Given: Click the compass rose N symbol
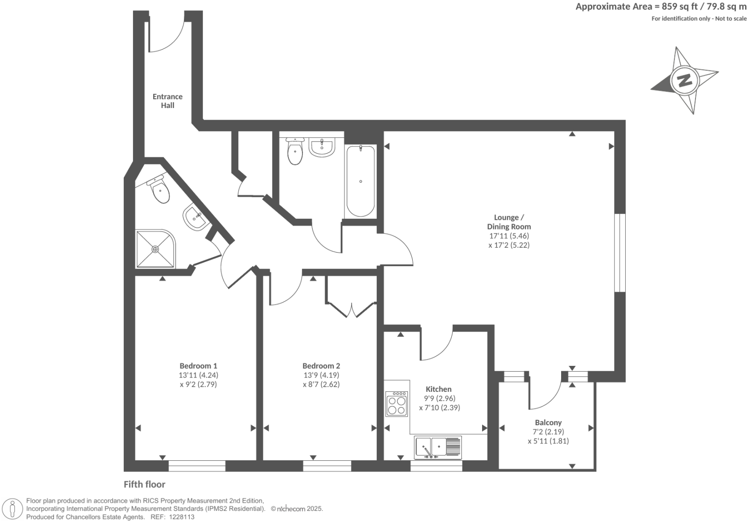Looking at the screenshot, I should tap(684, 80).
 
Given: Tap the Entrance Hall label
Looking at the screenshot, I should tap(168, 101).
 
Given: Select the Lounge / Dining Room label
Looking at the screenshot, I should tap(509, 222).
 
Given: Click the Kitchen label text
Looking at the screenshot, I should tap(439, 389).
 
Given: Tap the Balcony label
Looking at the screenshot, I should tap(548, 422).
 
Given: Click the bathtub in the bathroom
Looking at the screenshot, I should tap(360, 181).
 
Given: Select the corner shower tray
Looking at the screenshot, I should tap(155, 249).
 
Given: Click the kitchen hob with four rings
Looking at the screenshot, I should tap(396, 403).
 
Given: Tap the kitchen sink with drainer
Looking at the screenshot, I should tap(438, 447).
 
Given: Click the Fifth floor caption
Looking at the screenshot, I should tap(144, 484).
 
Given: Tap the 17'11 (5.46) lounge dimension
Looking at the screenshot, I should tap(509, 236).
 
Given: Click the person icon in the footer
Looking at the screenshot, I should tap(13, 509).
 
